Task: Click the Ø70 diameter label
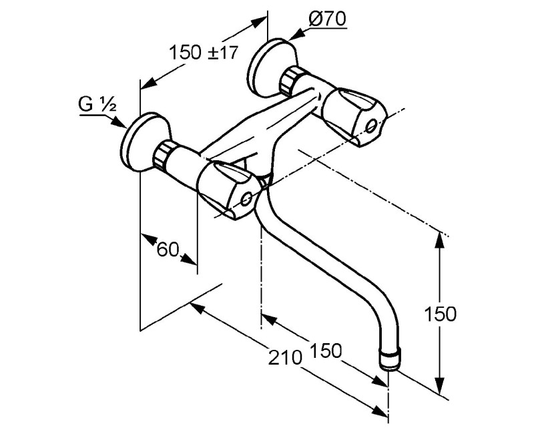(327, 19)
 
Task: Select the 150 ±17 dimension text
(204, 53)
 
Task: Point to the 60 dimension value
(168, 250)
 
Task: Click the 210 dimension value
(286, 357)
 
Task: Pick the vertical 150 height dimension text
(440, 314)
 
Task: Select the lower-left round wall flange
(145, 142)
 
